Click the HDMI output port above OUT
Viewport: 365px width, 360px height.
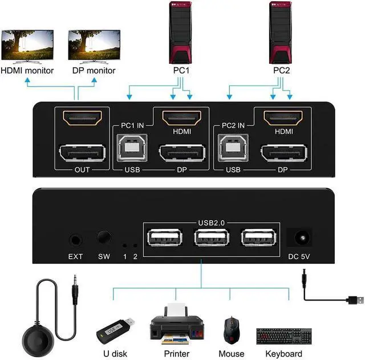82,118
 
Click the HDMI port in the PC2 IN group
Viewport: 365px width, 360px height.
283,117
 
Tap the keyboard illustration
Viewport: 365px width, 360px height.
285,336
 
